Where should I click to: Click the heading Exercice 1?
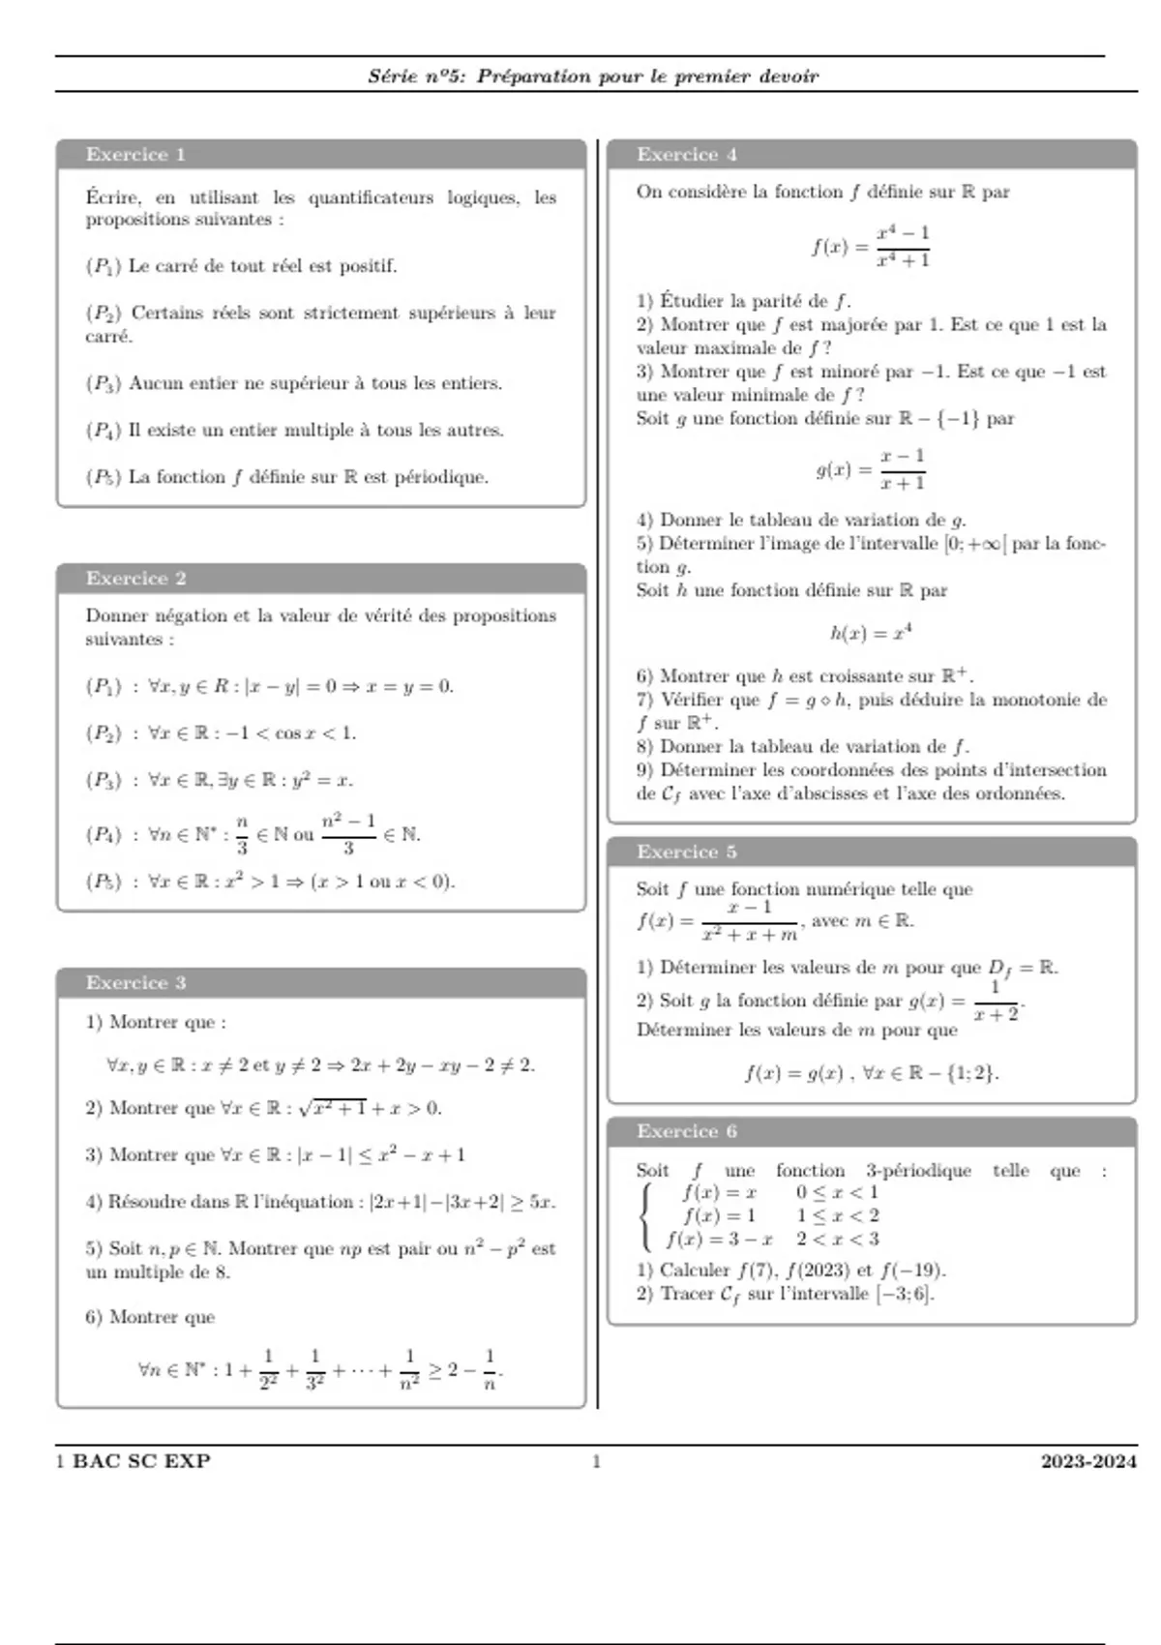tap(135, 155)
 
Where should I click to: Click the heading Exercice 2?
tap(135, 579)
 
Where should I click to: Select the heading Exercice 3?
tap(135, 983)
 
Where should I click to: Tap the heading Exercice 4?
tap(686, 155)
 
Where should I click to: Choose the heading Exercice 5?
tap(686, 852)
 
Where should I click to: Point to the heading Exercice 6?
tap(686, 1131)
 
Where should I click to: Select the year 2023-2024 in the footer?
tap(1088, 1461)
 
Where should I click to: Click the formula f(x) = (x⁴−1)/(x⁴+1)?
tap(871, 247)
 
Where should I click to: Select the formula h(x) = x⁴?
tap(871, 634)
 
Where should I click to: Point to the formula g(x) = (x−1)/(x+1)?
tap(871, 469)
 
